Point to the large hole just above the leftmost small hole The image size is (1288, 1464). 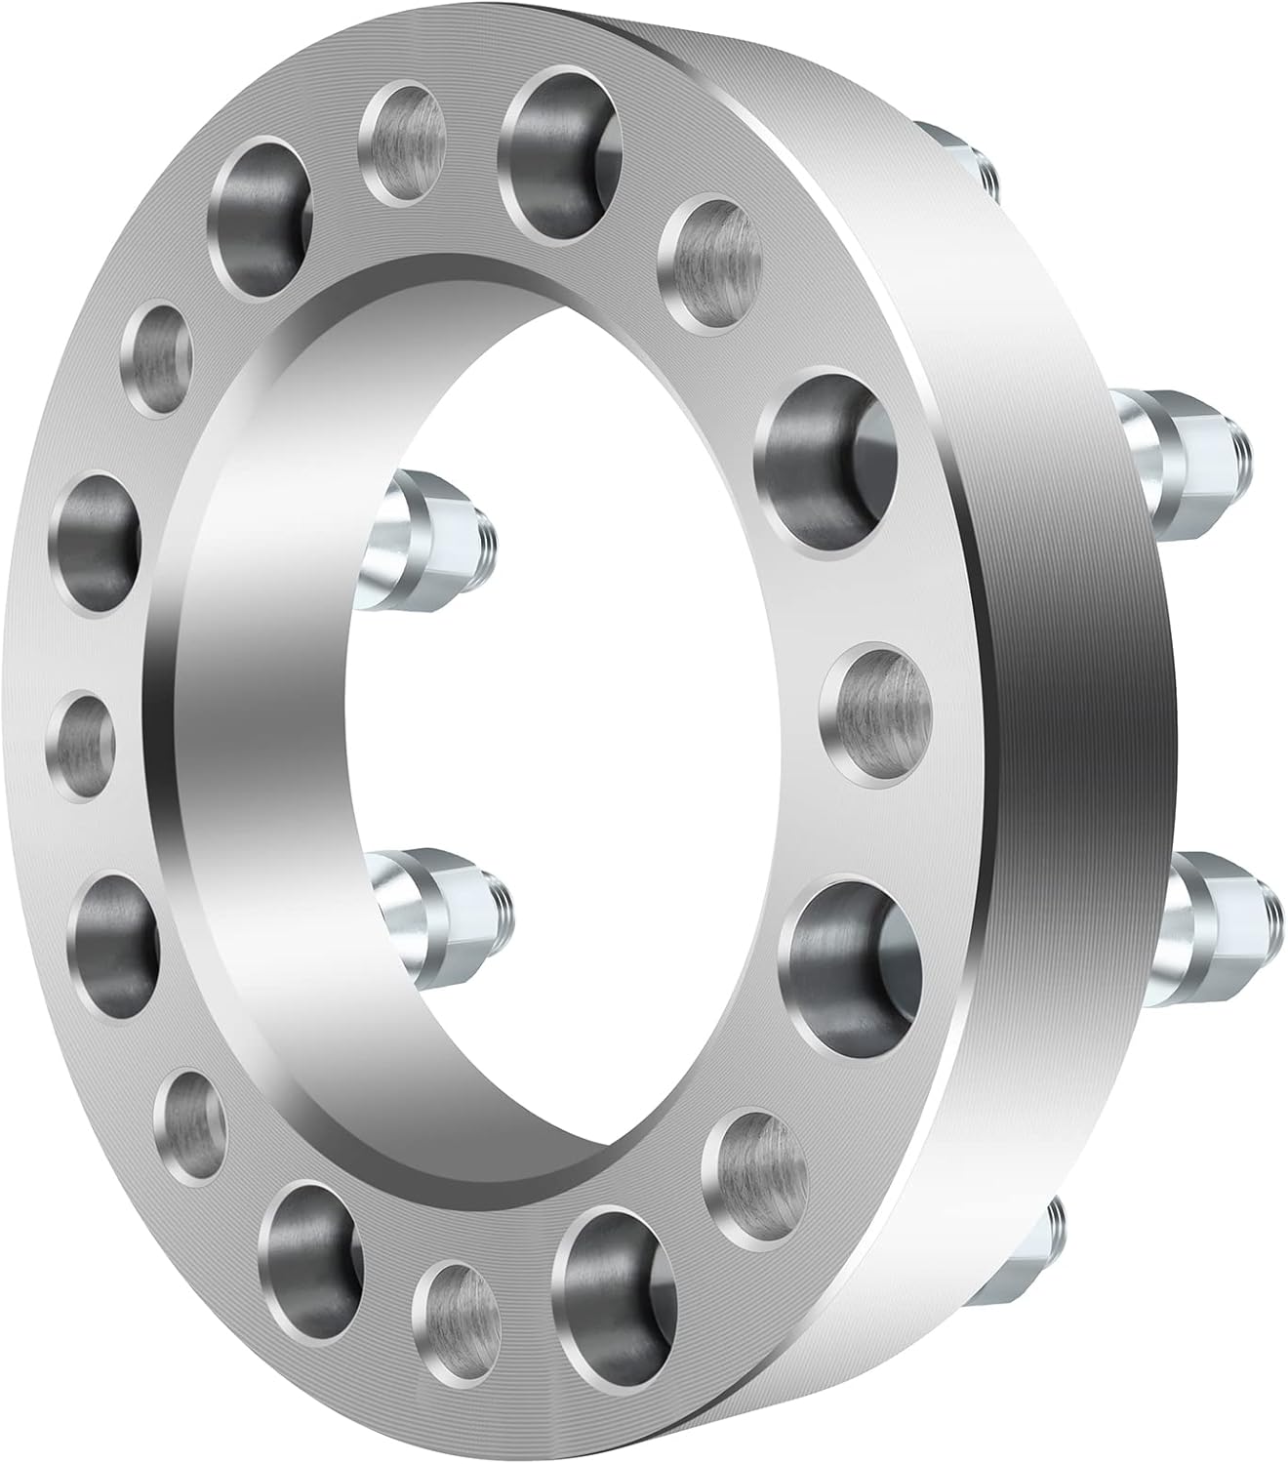(x=100, y=541)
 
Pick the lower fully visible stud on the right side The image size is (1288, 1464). (x=1225, y=903)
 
